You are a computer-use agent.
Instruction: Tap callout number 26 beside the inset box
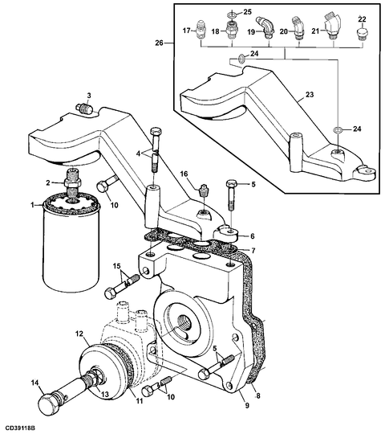tap(159, 43)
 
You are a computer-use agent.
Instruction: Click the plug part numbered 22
tap(361, 34)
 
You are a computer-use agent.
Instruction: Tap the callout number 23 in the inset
tap(310, 94)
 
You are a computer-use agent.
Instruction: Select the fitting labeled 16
tap(203, 190)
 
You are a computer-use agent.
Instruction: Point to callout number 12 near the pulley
tap(79, 334)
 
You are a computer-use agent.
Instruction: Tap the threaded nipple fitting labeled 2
tap(73, 184)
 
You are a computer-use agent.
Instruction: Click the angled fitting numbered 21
tap(333, 26)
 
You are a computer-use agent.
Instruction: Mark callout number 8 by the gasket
tap(258, 395)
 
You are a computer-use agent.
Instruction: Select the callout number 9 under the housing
tap(247, 406)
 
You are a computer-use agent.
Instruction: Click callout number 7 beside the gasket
tap(253, 251)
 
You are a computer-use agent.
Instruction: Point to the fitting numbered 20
tap(298, 29)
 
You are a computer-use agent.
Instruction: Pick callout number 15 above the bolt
tap(116, 266)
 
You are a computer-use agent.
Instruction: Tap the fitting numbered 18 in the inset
tap(232, 30)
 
